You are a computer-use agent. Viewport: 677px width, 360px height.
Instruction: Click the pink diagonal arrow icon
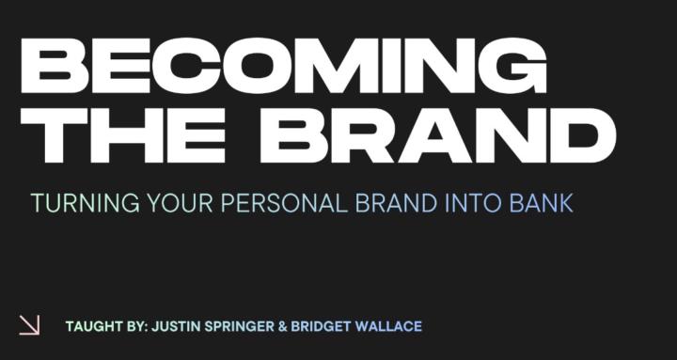(x=30, y=324)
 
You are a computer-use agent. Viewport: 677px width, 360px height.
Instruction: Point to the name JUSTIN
(x=176, y=327)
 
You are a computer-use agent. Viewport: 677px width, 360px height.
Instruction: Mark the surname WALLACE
(x=392, y=327)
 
